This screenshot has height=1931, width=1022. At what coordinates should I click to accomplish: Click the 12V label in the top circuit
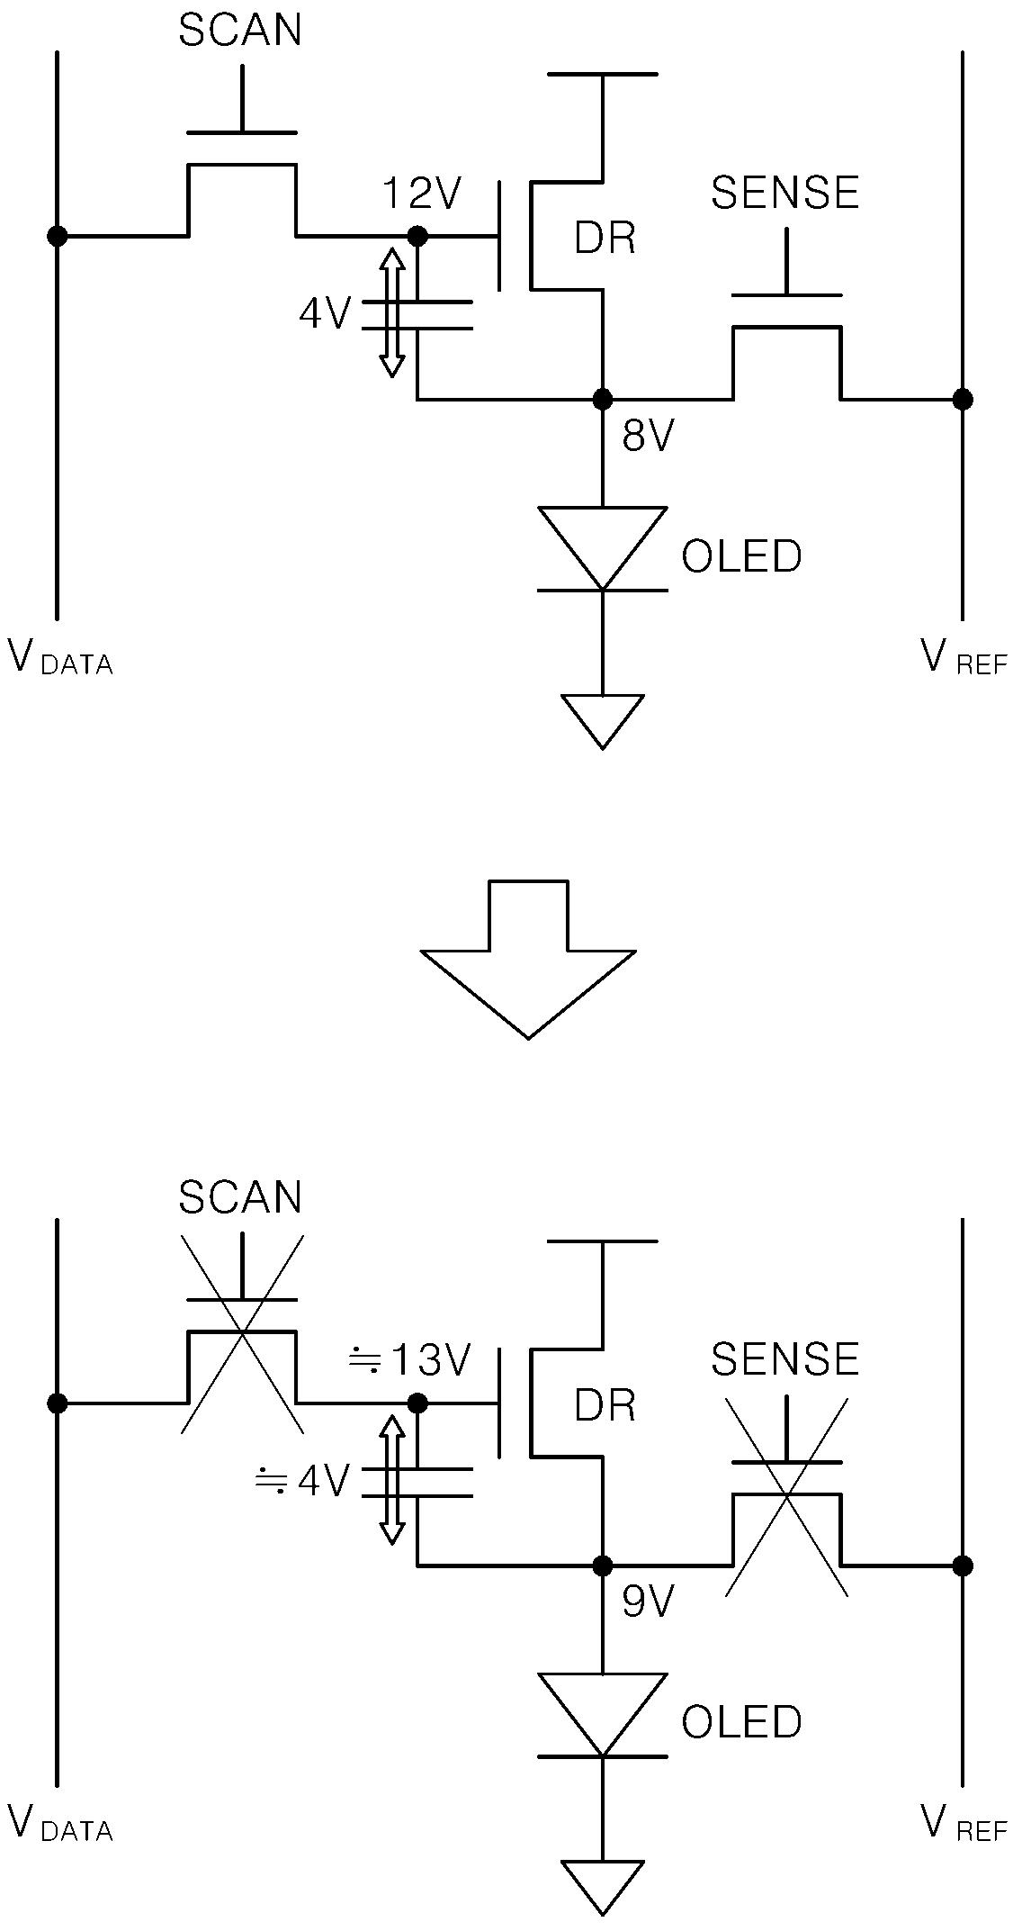422,194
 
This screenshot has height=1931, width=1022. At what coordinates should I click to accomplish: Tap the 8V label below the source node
648,437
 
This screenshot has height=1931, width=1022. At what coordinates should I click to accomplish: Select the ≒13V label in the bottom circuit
409,1360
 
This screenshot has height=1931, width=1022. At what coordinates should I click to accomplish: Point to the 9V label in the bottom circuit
648,1603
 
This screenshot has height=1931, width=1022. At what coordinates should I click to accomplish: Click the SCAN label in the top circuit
240,31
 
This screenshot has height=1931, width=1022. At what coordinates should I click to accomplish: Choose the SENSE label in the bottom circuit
785,1359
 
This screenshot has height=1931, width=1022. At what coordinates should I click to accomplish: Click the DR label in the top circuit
605,239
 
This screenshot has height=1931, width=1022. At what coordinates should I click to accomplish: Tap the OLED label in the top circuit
741,556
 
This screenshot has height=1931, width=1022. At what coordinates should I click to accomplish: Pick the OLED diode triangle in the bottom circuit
603,1717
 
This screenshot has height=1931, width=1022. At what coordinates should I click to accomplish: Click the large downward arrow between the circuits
529,960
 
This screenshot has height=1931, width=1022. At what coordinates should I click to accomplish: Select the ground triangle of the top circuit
603,721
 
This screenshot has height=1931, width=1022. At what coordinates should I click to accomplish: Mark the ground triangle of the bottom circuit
603,1888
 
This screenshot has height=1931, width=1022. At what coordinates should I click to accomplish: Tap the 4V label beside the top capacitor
324,314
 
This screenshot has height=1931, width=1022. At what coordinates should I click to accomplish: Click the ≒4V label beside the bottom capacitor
302,1481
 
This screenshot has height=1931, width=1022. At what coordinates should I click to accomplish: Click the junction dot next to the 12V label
417,236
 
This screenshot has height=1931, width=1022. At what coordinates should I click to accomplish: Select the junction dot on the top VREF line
963,399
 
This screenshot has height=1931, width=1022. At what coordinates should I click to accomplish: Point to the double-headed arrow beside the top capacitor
391,312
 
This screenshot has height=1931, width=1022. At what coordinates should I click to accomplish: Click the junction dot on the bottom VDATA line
58,1403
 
